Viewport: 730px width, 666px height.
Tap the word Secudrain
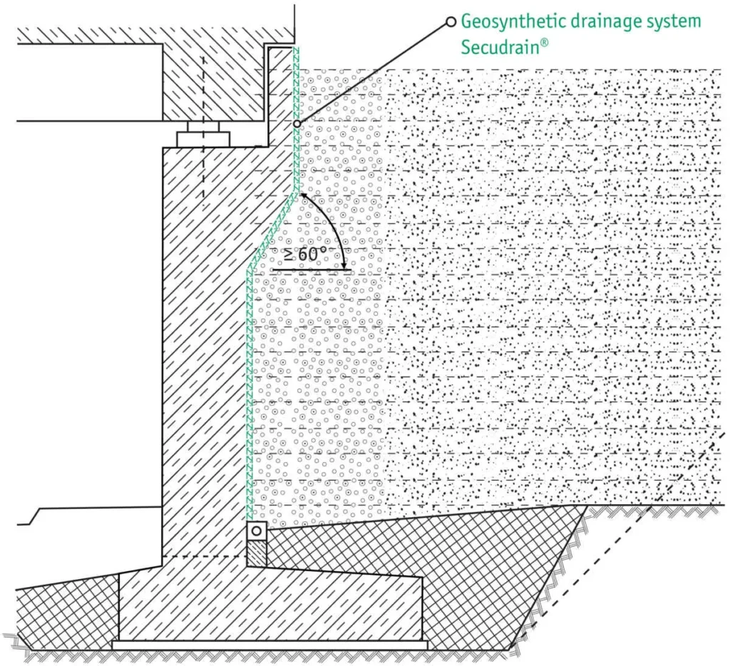500,48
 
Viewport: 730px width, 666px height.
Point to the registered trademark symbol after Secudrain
544,43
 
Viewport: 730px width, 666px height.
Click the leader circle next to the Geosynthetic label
451,22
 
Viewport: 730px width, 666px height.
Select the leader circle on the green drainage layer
297,124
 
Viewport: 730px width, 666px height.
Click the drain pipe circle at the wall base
256,531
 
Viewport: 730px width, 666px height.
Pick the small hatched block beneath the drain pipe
257,553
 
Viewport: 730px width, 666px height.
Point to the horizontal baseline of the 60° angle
312,270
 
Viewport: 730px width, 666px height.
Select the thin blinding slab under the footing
270,645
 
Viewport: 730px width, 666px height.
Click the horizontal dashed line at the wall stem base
205,557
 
